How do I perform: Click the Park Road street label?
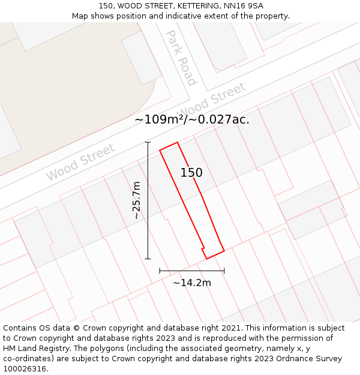coord(181,58)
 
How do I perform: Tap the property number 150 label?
coord(191,173)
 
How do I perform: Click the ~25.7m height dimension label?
coord(137,200)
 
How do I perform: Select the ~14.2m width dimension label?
coord(192,283)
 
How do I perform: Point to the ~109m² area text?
coord(160,119)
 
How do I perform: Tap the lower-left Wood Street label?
coord(80,162)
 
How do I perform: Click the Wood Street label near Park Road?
coord(212,100)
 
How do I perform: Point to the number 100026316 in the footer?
coord(24,368)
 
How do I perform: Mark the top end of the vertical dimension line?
coord(148,142)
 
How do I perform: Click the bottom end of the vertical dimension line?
coord(148,259)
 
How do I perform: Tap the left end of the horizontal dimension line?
coord(160,271)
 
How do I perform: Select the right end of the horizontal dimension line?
coord(224,271)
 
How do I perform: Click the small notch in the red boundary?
coord(203,247)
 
